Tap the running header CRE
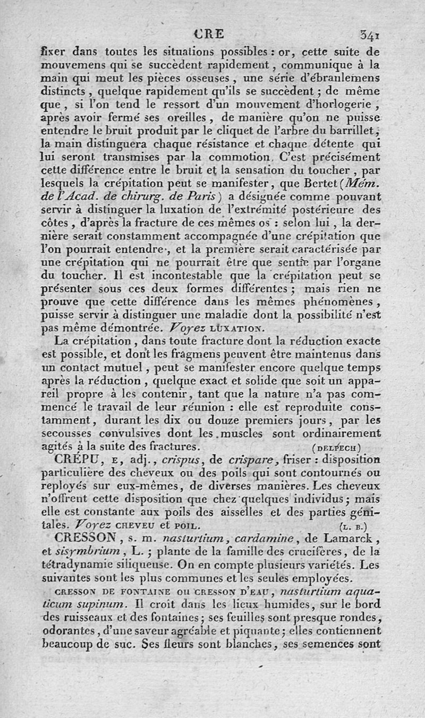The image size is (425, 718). [x=210, y=34]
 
